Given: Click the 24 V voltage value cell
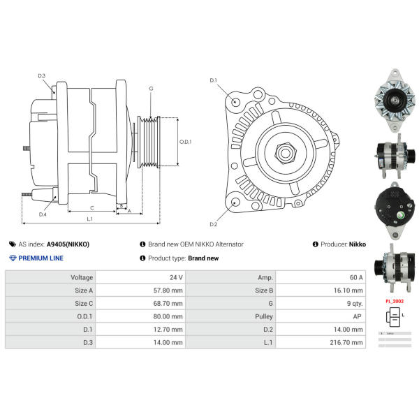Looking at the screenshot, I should (x=175, y=277).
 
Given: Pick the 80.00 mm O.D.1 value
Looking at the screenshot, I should (x=168, y=316).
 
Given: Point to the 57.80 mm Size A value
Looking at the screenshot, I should (x=168, y=291).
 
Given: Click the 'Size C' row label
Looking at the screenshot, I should (x=83, y=303).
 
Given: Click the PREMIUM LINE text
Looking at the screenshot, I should (x=41, y=258).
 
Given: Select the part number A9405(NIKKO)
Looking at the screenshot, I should (x=68, y=244).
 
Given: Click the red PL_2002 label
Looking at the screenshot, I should (x=395, y=301).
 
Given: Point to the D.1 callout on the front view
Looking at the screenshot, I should (x=214, y=81).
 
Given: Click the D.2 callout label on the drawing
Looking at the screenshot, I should (x=214, y=224).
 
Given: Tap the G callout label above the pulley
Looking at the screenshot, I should (x=151, y=88).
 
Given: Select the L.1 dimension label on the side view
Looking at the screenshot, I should (x=90, y=219).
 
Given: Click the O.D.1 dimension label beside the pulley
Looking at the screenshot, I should (x=185, y=142).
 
